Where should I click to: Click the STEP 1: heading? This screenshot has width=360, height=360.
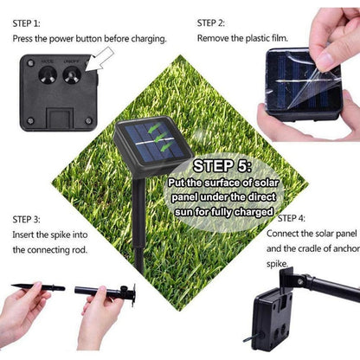point(27,23)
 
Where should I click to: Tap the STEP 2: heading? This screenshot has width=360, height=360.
point(211,23)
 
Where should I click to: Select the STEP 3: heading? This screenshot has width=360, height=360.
point(27,219)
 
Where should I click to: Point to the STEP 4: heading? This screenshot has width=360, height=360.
point(292,218)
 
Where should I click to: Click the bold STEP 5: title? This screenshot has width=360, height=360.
point(222,166)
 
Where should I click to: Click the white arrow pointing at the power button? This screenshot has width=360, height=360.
point(99,61)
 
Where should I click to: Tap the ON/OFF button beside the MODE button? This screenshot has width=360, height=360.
point(72,75)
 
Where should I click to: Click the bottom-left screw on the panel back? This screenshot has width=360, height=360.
point(30,120)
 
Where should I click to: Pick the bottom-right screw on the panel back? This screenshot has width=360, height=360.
point(88,120)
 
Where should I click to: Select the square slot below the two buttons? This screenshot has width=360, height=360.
point(60,119)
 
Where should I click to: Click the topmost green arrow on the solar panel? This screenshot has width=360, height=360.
point(154,128)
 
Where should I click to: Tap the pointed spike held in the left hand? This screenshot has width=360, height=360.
point(38,287)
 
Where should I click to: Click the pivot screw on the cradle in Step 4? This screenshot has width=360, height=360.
point(300,280)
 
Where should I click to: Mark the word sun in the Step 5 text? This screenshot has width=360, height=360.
point(183,212)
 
